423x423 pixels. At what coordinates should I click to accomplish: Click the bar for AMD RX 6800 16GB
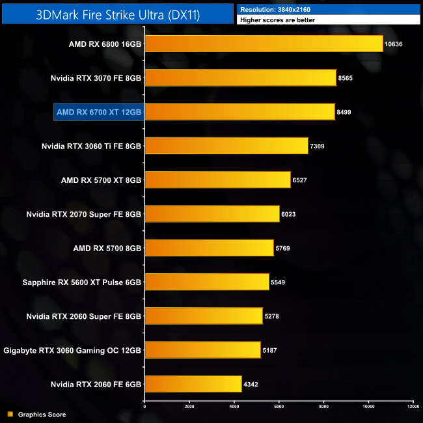[264, 44]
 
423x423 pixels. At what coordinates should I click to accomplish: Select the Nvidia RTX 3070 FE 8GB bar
[240, 78]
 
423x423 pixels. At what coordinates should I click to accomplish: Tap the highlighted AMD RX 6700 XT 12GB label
[98, 112]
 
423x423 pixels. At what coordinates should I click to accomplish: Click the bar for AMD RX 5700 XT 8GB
[217, 180]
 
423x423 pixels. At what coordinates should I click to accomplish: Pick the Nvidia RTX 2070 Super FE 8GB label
[84, 214]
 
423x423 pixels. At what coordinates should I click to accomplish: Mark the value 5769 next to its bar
[284, 248]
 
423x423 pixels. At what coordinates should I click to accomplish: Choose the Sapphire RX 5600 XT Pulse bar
[206, 282]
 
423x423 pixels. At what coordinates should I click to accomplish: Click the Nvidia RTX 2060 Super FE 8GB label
[84, 316]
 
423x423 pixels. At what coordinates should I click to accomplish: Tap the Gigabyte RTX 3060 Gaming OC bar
[202, 350]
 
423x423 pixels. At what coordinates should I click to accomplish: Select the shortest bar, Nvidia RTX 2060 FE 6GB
[193, 384]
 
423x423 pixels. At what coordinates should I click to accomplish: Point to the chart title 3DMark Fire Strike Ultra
[117, 13]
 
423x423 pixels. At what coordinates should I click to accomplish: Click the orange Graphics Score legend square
[9, 414]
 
